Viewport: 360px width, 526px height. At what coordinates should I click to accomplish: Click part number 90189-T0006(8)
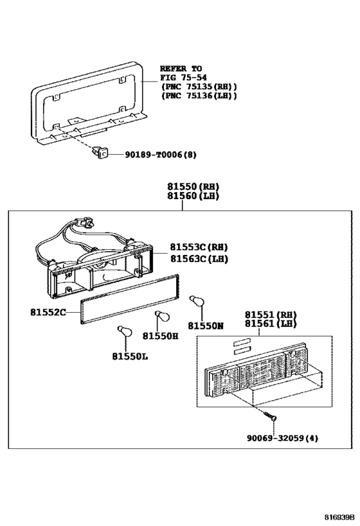click(152, 154)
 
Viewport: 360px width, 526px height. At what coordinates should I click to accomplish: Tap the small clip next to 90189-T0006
click(101, 153)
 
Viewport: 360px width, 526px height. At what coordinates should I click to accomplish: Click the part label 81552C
click(48, 313)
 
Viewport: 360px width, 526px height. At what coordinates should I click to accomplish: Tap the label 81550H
click(160, 335)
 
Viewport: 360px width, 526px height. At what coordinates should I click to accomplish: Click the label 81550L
click(130, 356)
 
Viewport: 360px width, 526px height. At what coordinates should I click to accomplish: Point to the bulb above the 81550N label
click(193, 301)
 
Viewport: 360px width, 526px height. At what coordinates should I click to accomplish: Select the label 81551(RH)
click(269, 315)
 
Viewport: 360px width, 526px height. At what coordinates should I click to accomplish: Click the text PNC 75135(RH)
click(199, 87)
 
